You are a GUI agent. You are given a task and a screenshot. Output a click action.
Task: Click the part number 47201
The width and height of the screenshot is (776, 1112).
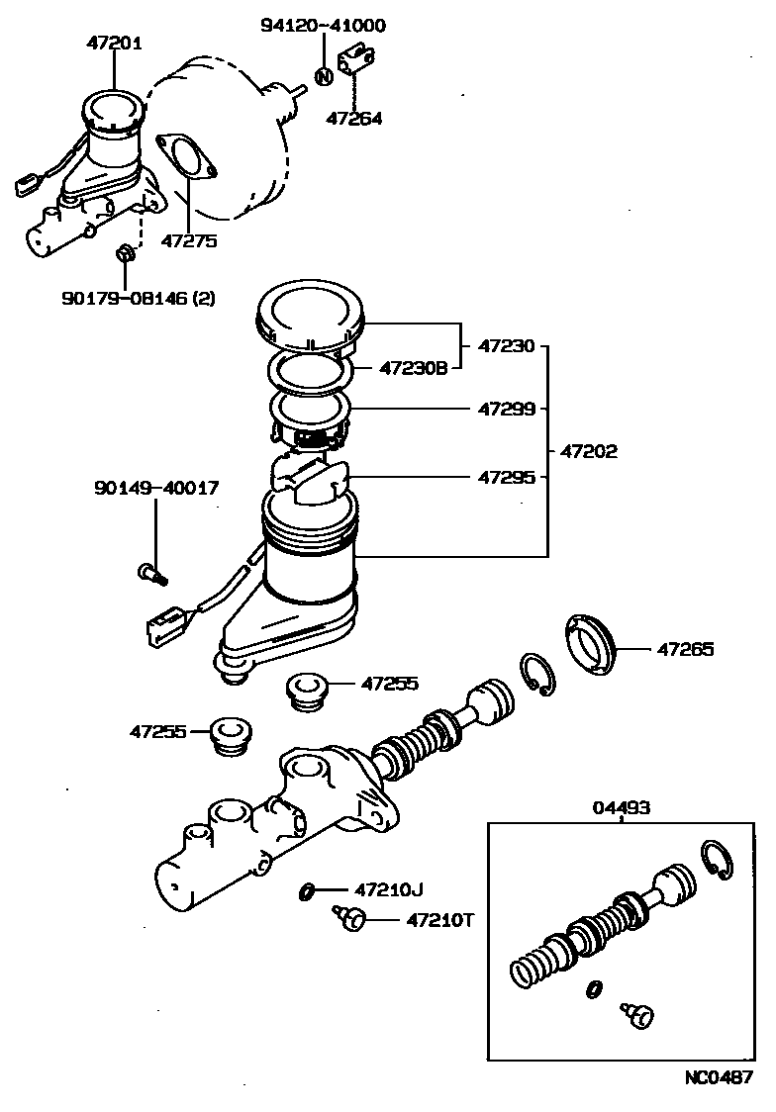(x=114, y=43)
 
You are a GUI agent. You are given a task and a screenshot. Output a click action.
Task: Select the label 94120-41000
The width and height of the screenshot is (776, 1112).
(x=323, y=26)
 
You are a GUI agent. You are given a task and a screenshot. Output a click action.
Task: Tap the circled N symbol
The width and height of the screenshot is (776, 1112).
(x=323, y=75)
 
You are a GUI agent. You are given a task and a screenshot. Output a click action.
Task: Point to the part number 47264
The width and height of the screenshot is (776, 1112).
(x=354, y=118)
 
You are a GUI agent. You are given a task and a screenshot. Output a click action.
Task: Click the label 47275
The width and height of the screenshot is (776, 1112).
(x=189, y=239)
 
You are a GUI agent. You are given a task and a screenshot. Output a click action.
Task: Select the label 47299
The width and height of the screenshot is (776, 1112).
(x=507, y=408)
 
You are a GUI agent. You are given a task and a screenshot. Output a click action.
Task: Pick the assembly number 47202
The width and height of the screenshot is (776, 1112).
(x=589, y=451)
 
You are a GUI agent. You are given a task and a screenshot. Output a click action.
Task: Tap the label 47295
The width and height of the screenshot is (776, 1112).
(x=507, y=476)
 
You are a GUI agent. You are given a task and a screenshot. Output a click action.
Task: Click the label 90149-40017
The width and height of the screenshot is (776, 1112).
(x=157, y=488)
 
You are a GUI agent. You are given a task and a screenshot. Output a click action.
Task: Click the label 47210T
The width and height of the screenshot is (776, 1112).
(x=440, y=920)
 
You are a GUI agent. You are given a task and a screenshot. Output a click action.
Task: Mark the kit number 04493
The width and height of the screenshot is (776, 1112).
(x=622, y=807)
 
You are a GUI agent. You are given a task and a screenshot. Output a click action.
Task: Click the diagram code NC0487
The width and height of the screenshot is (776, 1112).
(x=719, y=1077)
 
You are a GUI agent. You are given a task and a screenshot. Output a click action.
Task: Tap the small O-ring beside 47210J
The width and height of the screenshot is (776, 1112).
(x=308, y=891)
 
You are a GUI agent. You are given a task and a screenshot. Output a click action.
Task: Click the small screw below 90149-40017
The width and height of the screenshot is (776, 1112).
(x=149, y=571)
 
